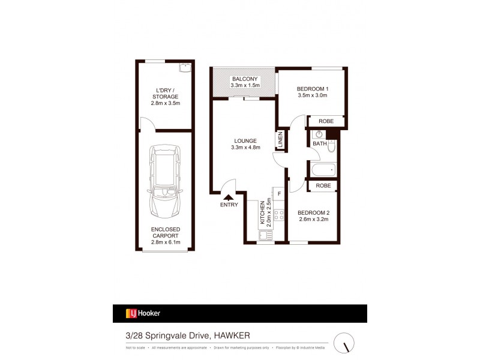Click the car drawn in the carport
(165, 182)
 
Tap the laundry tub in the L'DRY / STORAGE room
(185, 67)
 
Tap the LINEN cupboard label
(280, 140)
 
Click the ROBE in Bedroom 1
(326, 121)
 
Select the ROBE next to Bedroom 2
(323, 186)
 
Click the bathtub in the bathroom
(323, 169)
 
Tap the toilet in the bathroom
(331, 146)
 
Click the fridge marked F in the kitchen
(278, 193)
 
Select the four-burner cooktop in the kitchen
(278, 212)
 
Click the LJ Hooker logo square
(129, 313)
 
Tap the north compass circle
(344, 343)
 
